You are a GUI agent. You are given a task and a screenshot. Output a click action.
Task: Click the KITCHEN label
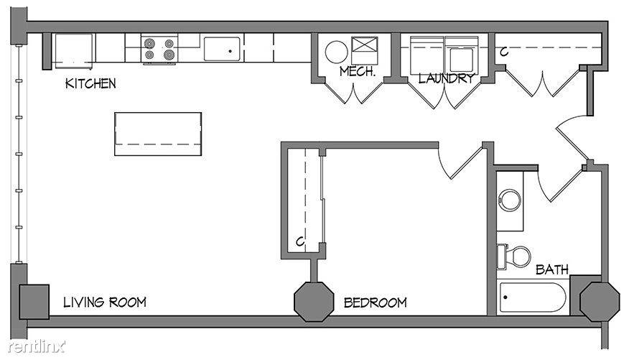(90, 83)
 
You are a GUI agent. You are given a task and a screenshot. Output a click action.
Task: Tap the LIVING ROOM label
(105, 303)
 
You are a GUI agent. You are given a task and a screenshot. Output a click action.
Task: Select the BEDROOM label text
(375, 303)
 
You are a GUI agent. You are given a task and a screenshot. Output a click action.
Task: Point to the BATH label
(552, 269)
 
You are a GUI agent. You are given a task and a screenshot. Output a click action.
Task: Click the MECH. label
(358, 71)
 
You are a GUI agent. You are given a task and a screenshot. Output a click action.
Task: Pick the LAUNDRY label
(446, 78)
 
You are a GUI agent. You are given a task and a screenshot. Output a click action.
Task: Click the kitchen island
(158, 134)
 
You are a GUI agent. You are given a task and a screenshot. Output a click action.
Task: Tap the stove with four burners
(159, 49)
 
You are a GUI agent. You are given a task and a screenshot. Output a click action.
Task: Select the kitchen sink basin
(222, 49)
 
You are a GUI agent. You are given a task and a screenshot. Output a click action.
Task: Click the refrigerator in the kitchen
(74, 51)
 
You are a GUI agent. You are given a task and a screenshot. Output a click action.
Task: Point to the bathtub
(533, 297)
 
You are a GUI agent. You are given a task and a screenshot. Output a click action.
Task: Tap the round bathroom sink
(510, 200)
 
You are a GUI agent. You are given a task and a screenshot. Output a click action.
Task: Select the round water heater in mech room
(336, 52)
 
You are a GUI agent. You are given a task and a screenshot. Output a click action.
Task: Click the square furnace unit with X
(365, 50)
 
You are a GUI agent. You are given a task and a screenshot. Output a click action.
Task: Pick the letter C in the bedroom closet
(300, 241)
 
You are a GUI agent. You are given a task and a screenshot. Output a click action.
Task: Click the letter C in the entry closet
(504, 52)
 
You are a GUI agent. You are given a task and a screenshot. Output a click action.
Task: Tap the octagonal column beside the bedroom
(314, 302)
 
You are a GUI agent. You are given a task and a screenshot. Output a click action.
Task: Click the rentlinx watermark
(36, 346)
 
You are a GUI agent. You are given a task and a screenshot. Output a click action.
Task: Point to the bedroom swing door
(460, 163)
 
